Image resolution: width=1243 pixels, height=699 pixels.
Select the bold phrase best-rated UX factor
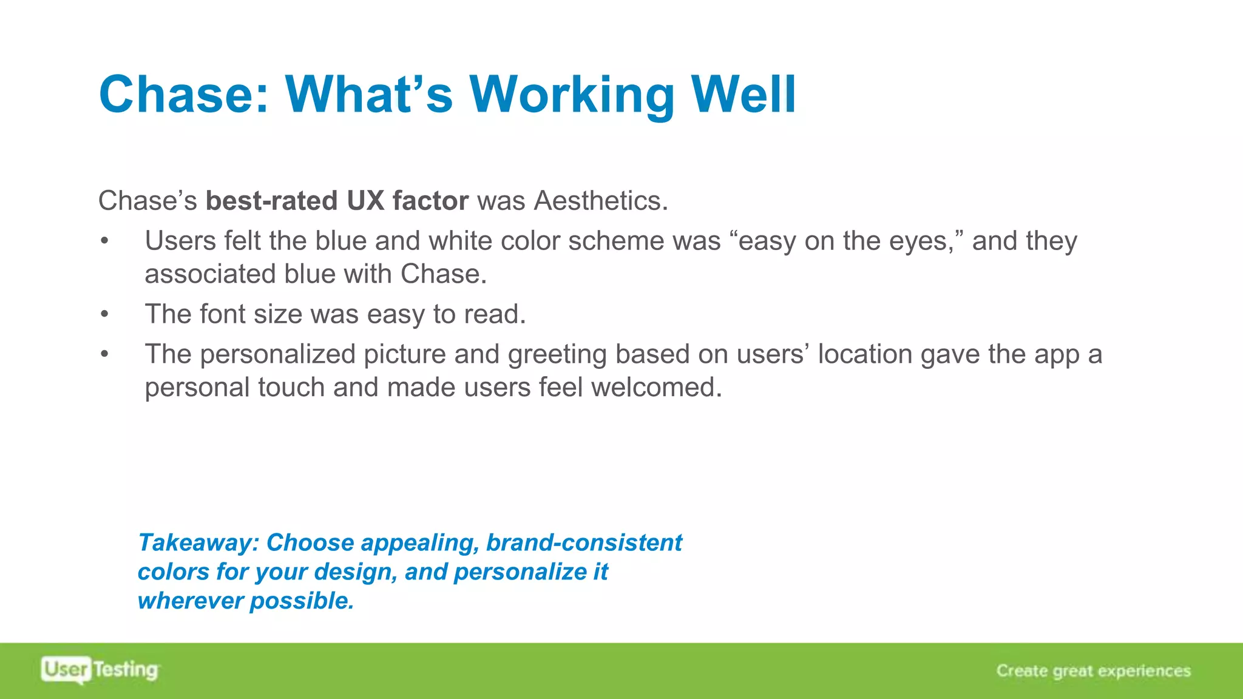[x=337, y=201]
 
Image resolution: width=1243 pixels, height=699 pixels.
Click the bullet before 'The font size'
[x=105, y=314]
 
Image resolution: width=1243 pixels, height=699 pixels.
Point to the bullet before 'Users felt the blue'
[x=105, y=241]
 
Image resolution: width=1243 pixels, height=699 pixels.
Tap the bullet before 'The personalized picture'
[x=105, y=354]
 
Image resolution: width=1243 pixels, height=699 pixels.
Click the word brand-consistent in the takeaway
[x=584, y=542]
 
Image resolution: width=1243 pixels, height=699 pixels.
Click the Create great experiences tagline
[x=1093, y=670]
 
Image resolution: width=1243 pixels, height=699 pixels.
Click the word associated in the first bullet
[x=210, y=274]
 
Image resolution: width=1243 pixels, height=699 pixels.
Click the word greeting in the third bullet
[x=557, y=354]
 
